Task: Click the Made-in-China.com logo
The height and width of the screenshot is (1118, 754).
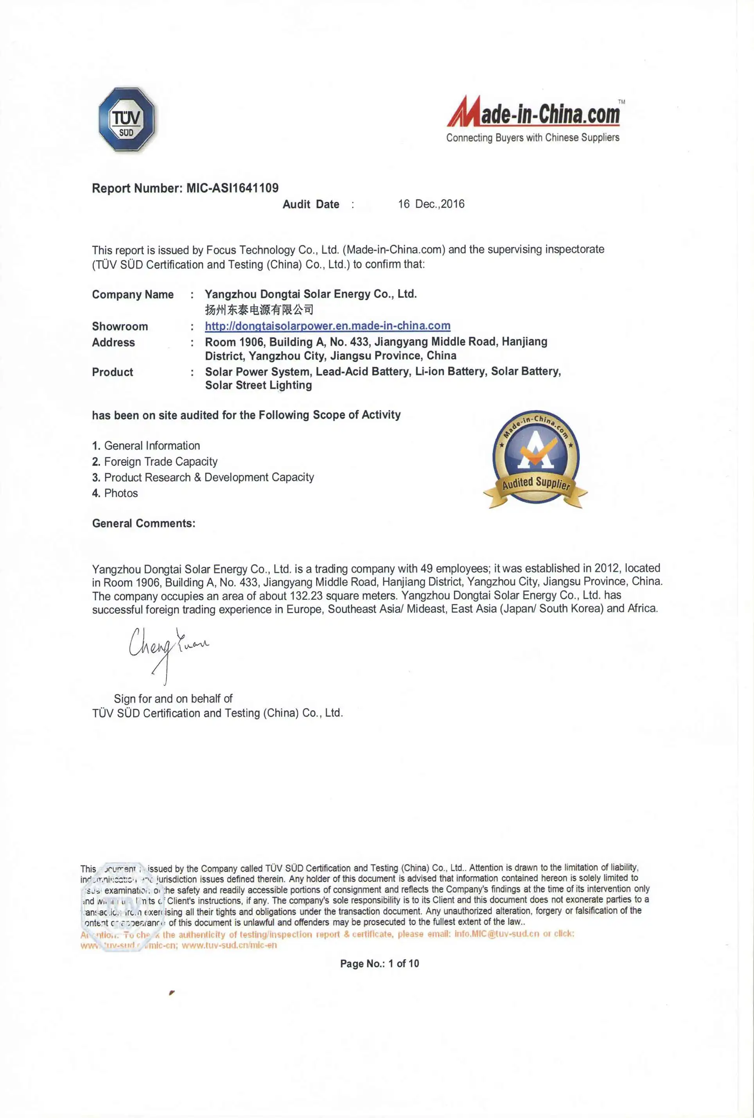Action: click(x=533, y=113)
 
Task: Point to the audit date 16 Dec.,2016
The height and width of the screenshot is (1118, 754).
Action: click(x=431, y=204)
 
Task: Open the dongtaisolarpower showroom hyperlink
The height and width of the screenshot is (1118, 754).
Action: click(x=327, y=326)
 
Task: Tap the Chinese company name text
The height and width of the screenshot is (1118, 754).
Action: click(x=259, y=310)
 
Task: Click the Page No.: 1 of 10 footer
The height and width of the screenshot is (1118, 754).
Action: click(x=379, y=964)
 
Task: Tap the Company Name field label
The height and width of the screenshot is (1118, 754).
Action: click(x=133, y=295)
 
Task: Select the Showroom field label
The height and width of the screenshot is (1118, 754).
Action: click(x=120, y=327)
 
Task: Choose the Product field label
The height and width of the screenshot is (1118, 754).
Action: click(x=113, y=372)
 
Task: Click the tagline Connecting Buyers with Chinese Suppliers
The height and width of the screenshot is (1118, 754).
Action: click(x=532, y=138)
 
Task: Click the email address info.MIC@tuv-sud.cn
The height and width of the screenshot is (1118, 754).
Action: click(x=497, y=934)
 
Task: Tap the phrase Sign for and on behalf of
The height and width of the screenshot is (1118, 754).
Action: click(x=173, y=699)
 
